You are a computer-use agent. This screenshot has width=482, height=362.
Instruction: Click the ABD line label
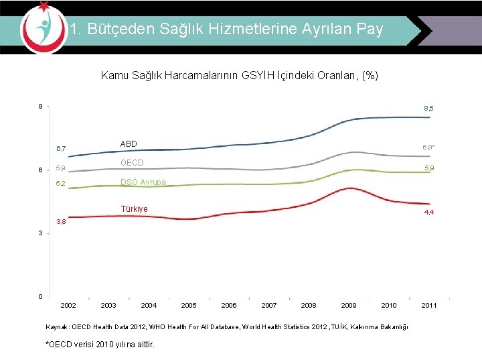(x=129, y=143)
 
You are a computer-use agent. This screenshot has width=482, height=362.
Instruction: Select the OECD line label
(x=132, y=163)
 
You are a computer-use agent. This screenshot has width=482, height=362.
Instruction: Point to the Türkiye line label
(x=134, y=208)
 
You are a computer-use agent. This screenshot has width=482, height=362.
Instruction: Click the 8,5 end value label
(x=428, y=108)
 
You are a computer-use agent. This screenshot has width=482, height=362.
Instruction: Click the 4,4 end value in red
(x=428, y=213)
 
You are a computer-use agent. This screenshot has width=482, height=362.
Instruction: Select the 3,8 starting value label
(x=61, y=221)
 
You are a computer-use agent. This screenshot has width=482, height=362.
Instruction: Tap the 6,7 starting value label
(x=61, y=148)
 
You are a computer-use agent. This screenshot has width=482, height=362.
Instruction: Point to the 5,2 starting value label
(x=61, y=183)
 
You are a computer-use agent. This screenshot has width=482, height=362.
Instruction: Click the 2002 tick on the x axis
(x=68, y=305)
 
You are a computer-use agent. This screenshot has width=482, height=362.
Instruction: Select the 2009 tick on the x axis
(x=349, y=305)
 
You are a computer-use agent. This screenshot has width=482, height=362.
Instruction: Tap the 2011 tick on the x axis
(x=429, y=305)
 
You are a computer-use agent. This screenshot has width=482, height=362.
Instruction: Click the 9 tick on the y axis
(x=41, y=107)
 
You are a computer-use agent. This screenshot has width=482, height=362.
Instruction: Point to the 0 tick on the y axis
(x=41, y=296)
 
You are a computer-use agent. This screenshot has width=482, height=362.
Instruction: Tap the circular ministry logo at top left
(x=44, y=27)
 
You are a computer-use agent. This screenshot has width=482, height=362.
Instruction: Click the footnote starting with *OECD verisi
(x=99, y=345)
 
